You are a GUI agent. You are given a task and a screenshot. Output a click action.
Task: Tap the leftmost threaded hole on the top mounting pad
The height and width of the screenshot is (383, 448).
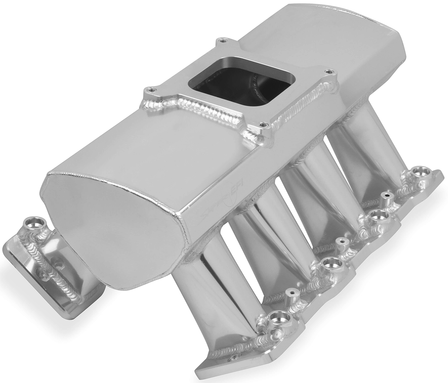150,89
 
